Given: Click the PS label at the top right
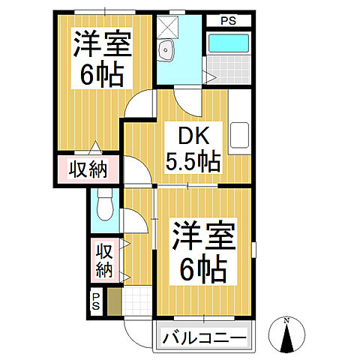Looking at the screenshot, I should pos(228,21).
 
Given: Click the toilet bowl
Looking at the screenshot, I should pos(103,202).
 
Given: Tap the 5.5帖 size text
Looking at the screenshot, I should pos(192,161).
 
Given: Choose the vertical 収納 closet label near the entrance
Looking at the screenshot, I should pos(103,259).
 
